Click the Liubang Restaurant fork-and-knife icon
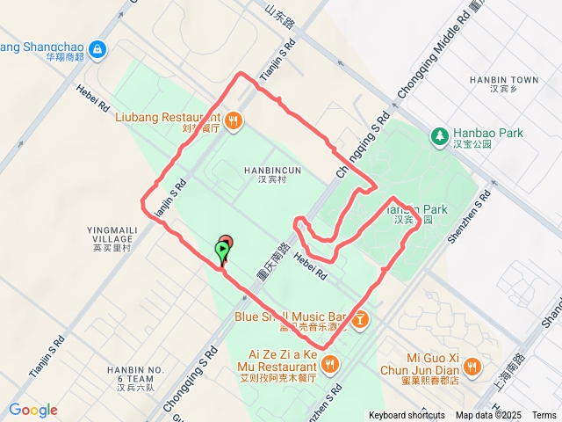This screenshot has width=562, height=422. coord(233,120)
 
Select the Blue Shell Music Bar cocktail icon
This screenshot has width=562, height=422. coord(360,321)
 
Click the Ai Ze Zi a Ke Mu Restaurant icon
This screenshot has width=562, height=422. coord(329,363)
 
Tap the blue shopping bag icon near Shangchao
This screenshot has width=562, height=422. coord(97,49)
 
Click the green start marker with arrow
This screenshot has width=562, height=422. coord(223,252)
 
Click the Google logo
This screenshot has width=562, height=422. coord(33,410)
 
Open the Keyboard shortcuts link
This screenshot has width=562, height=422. coord(407,415)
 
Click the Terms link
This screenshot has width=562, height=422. coord(544,415)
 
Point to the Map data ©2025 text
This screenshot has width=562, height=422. coord(487,415)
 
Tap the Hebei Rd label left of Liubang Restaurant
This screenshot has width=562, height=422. coord(90,97)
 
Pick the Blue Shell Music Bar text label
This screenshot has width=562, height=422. coord(291,316)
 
